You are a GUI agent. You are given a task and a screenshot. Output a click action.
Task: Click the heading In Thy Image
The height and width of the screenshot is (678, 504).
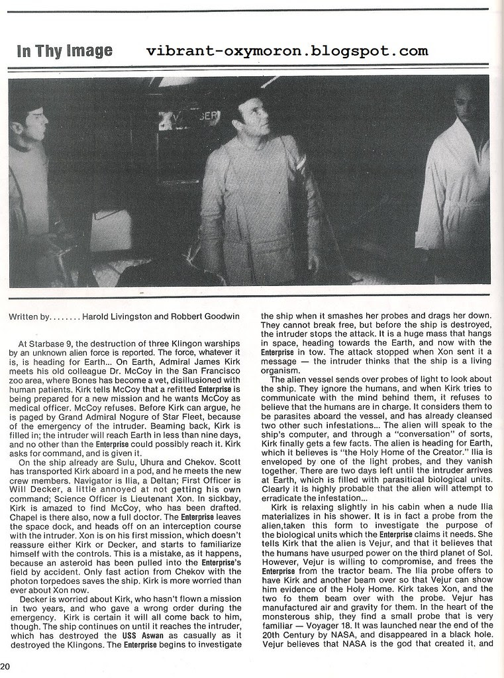[64, 51]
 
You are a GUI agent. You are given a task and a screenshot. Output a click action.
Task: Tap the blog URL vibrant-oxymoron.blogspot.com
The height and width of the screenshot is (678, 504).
[286, 50]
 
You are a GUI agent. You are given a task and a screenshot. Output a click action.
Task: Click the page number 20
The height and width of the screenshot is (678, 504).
[6, 666]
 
